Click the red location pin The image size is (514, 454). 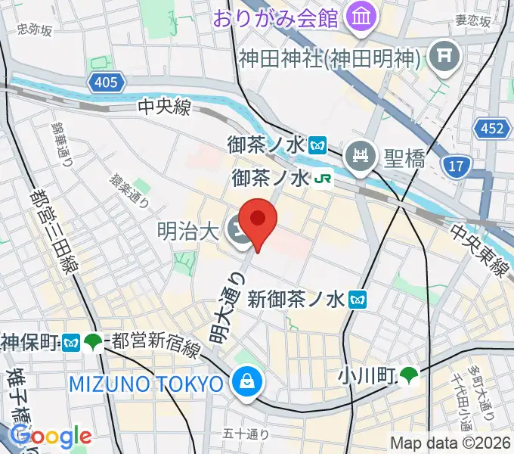tap(258, 219)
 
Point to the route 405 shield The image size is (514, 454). tap(106, 82)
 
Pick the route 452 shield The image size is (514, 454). tap(492, 129)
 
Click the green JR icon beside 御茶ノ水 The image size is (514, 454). tap(324, 179)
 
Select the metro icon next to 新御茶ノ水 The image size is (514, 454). tap(358, 300)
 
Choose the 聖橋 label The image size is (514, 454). tap(404, 158)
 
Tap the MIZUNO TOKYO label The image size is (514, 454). tap(146, 384)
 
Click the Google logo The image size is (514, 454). tap(51, 437)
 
